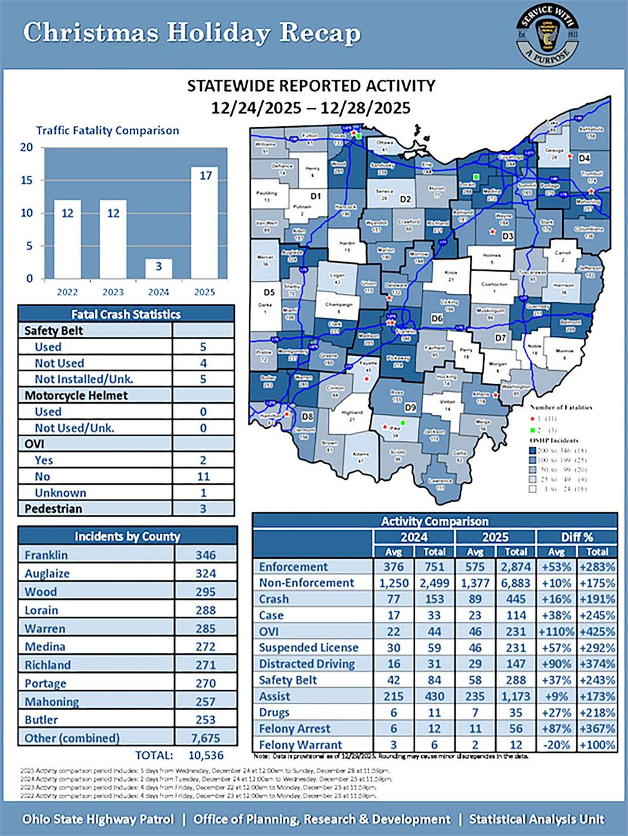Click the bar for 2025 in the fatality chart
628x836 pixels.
pos(204,222)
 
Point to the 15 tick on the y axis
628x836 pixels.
pos(27,180)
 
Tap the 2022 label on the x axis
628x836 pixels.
pos(67,292)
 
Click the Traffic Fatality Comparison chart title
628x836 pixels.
pos(107,131)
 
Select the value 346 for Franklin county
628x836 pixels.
pos(205,555)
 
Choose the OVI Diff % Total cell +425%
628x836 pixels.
pos(597,631)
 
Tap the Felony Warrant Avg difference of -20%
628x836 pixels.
pos(556,745)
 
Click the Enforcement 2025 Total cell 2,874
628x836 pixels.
pos(516,567)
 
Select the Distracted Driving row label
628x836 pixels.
pos(306,664)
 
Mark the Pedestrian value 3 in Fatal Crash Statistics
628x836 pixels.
pos(203,508)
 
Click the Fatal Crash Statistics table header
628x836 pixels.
pos(126,314)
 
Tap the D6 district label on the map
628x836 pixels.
pos(436,319)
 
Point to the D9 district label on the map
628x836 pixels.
pos(410,406)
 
